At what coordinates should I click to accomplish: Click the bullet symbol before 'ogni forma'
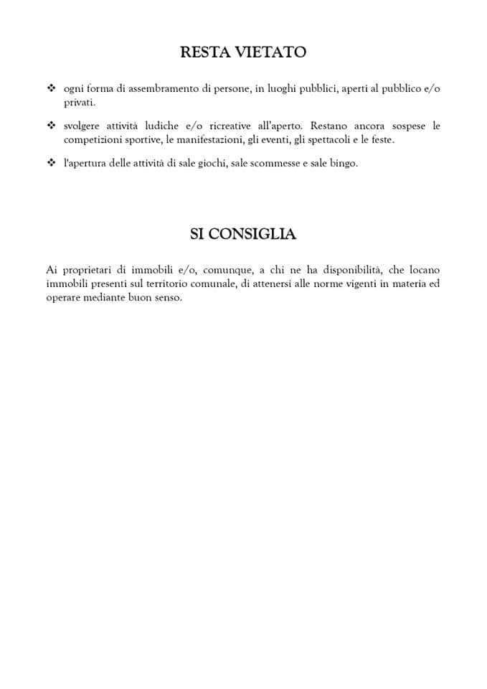point(50,88)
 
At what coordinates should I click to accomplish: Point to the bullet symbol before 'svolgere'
point(50,126)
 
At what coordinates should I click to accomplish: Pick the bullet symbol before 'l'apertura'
point(50,163)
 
